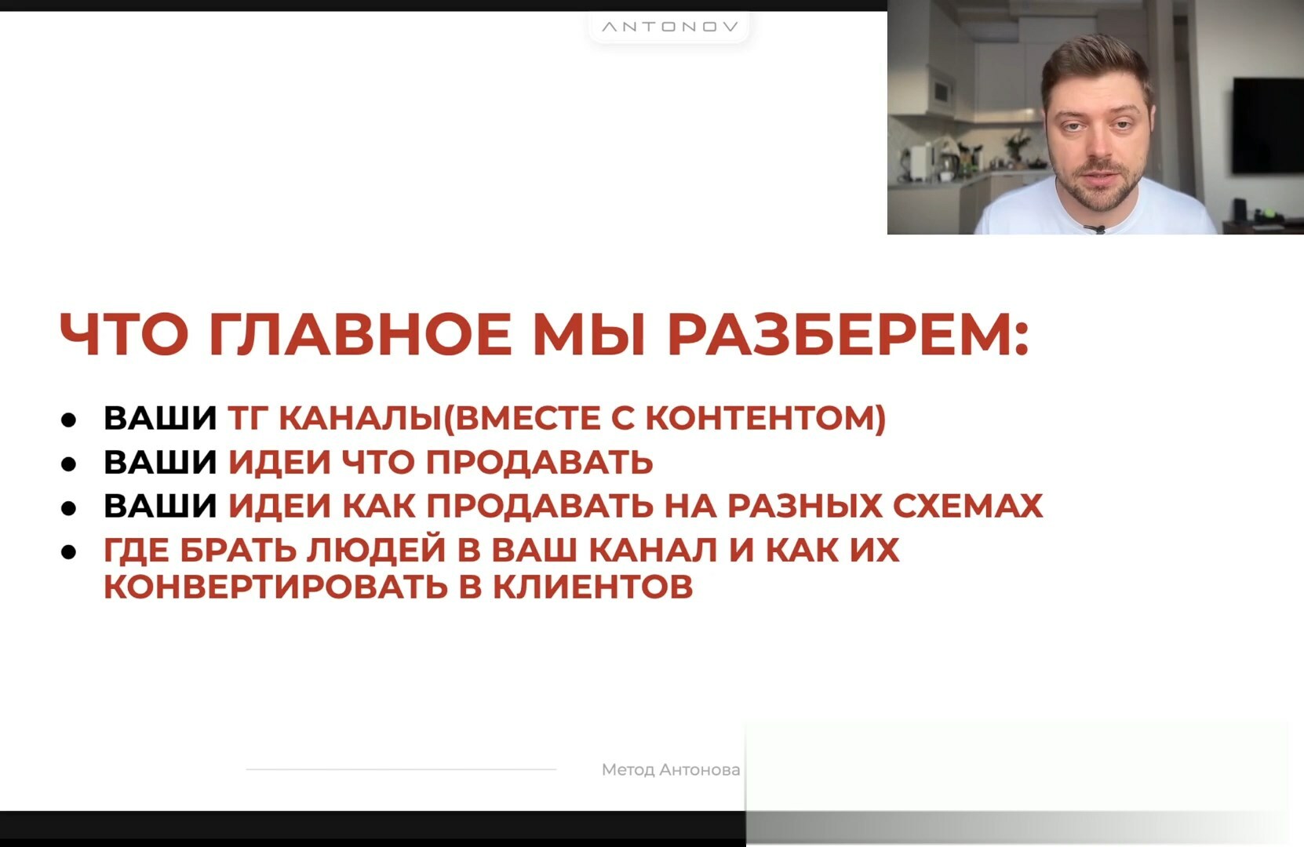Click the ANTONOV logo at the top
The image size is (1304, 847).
[x=670, y=27]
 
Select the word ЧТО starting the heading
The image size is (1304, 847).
[x=124, y=334]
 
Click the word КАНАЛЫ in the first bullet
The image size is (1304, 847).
[x=360, y=418]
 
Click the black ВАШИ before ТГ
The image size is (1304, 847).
[x=160, y=418]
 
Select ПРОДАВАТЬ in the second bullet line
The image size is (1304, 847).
[x=539, y=462]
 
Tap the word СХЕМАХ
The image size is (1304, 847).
[x=967, y=505]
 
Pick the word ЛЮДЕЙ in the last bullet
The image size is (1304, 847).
[x=376, y=551]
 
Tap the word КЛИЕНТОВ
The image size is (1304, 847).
[x=593, y=587]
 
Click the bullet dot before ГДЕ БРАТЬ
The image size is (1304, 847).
[x=69, y=551]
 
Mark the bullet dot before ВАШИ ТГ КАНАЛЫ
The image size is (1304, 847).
[x=69, y=420]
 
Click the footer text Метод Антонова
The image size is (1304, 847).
[x=671, y=769]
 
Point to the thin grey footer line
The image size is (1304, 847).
[x=401, y=769]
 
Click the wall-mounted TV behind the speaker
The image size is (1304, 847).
[x=1267, y=125]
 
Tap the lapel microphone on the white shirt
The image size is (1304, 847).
[x=1095, y=229]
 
